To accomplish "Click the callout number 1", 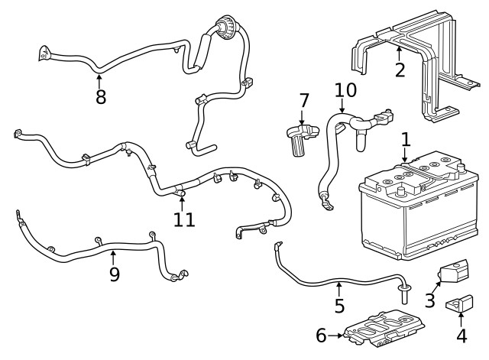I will (x=406, y=139).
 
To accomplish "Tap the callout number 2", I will (x=400, y=70).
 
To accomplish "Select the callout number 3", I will (x=430, y=300).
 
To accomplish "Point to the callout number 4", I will (x=461, y=334).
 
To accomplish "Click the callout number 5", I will (x=340, y=306).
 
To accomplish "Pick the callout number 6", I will (x=321, y=335).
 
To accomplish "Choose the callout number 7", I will (x=303, y=101).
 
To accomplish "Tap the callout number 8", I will (x=100, y=97).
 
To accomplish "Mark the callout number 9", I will (x=114, y=274).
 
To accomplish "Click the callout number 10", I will (x=345, y=90).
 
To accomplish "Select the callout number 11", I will (x=184, y=219).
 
